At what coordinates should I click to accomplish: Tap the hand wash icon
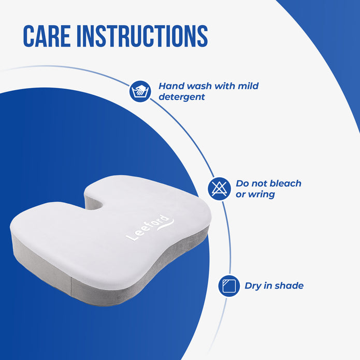[139, 91]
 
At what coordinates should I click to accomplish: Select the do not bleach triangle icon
[219, 188]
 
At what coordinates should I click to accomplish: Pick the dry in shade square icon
[229, 285]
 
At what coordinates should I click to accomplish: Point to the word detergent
[181, 97]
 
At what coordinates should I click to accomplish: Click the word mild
[248, 86]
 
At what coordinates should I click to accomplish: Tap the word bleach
[283, 183]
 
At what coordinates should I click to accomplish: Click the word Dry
[254, 286]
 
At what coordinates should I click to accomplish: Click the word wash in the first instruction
[195, 86]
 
